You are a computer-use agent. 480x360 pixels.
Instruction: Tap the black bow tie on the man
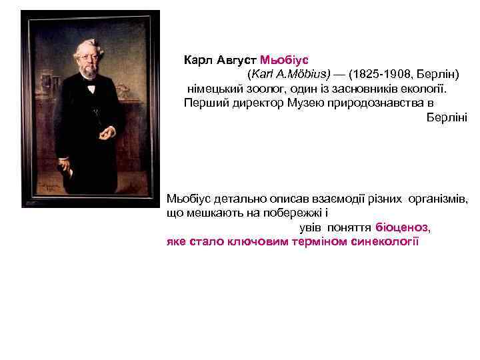(x=89, y=87)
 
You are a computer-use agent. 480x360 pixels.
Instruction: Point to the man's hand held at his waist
(x=106, y=133)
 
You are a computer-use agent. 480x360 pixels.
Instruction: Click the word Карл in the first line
(x=197, y=59)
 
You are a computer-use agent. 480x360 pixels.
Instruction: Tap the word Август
(x=237, y=59)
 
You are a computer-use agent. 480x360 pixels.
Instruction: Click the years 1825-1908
(x=377, y=73)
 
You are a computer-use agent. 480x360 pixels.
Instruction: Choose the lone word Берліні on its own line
(x=447, y=117)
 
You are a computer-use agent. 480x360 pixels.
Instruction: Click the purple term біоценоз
(x=402, y=227)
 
